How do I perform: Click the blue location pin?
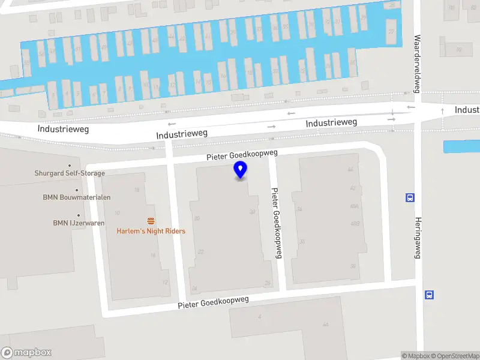(x=241, y=170)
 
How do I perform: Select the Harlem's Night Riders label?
(x=151, y=231)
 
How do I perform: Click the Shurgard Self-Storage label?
(x=70, y=173)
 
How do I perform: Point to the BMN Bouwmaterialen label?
(x=77, y=197)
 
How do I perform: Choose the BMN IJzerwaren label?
(x=79, y=223)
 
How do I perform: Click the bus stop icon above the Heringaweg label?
(x=410, y=198)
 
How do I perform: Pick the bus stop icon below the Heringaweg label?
(x=430, y=295)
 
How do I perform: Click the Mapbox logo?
(x=26, y=353)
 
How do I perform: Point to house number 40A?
(x=355, y=206)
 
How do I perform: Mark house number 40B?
(x=355, y=224)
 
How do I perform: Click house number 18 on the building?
(x=137, y=190)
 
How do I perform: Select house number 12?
(x=165, y=283)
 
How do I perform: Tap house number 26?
(x=268, y=284)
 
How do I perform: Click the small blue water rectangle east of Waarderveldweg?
(x=461, y=146)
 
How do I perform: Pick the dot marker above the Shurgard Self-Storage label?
(x=70, y=166)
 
